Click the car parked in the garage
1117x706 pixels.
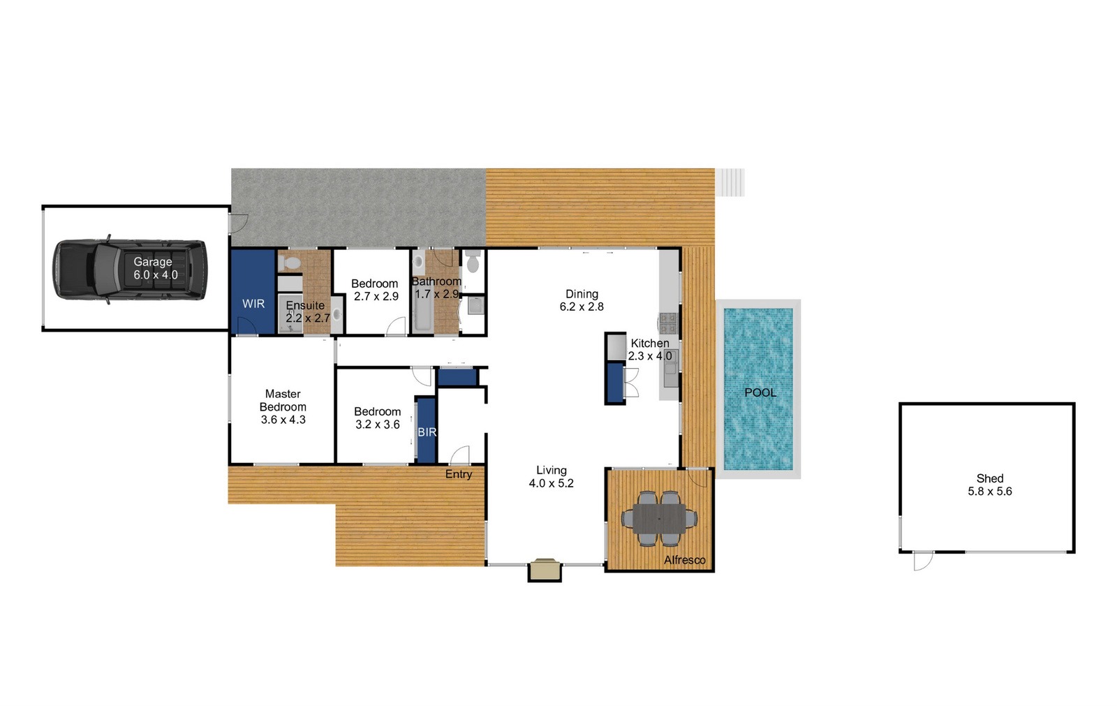(130, 270)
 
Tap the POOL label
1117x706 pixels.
(760, 392)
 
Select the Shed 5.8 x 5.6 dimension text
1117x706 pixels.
(990, 492)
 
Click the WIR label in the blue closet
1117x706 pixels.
(253, 303)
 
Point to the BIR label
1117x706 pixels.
(427, 432)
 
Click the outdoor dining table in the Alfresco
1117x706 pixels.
(659, 518)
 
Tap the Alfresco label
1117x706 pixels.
(685, 560)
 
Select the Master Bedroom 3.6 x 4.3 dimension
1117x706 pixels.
(283, 420)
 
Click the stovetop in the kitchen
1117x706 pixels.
(668, 323)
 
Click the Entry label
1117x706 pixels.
(458, 474)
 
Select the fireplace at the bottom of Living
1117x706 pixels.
(545, 569)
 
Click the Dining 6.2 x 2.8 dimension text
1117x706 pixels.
(582, 307)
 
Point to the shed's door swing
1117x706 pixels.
(922, 561)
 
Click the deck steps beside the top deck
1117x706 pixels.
(730, 182)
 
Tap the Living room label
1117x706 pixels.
(552, 470)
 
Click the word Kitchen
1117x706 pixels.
(650, 344)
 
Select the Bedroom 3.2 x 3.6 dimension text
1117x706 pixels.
(378, 425)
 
